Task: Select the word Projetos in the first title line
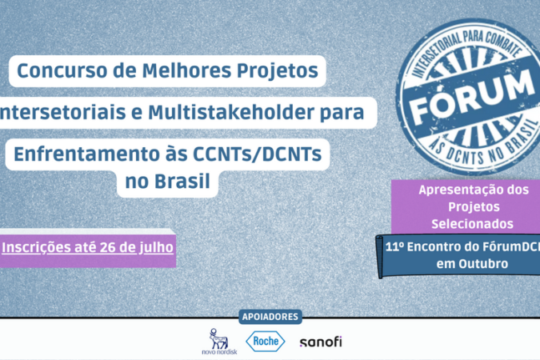pyautogui.click(x=278, y=71)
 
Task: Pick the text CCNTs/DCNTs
pyautogui.click(x=258, y=154)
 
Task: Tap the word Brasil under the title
pyautogui.click(x=182, y=181)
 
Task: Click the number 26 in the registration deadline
pyautogui.click(x=107, y=247)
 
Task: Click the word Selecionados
pyautogui.click(x=473, y=224)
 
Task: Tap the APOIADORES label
pyautogui.click(x=270, y=317)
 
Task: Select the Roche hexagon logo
pyautogui.click(x=266, y=341)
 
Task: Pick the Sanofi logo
pyautogui.click(x=321, y=342)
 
